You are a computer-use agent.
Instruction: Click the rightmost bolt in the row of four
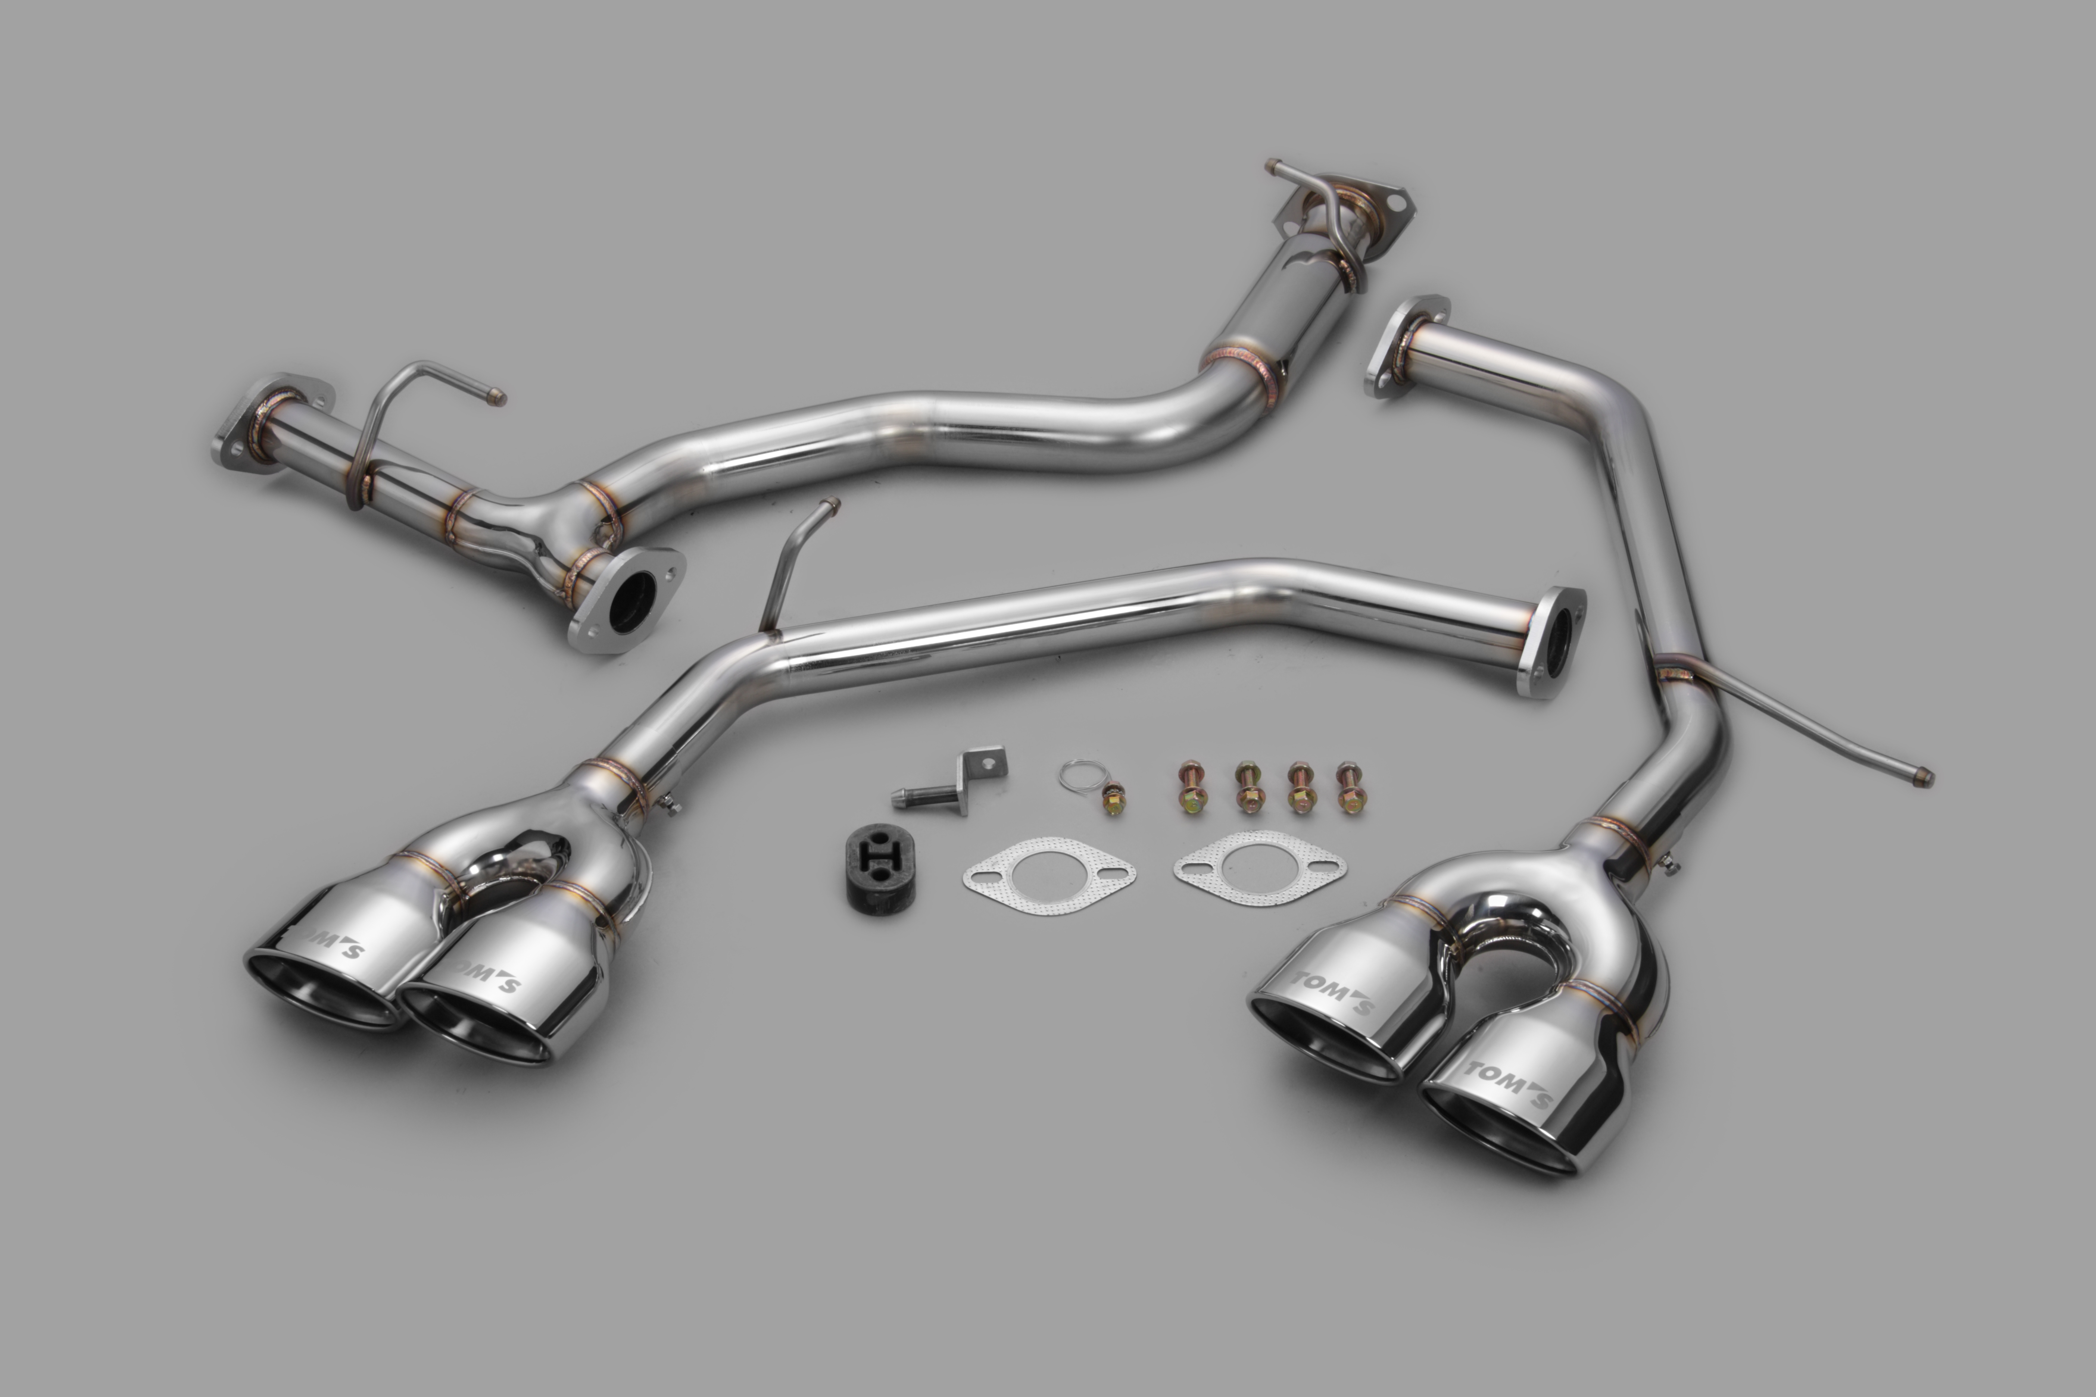click(1348, 788)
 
